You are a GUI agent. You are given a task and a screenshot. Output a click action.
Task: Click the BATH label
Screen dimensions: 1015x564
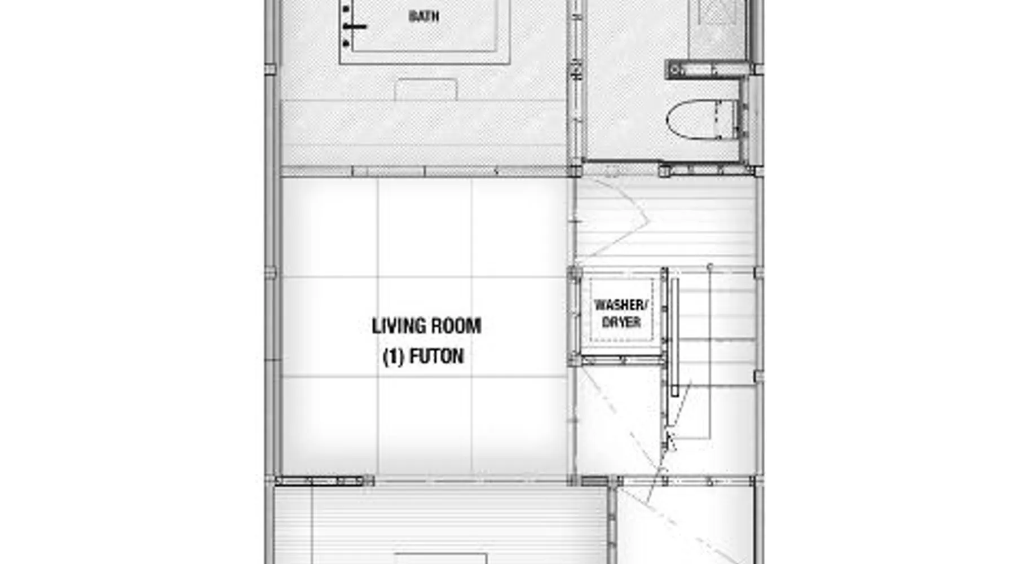[x=423, y=16]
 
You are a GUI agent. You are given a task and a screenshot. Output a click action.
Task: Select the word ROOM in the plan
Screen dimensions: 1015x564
[x=456, y=326]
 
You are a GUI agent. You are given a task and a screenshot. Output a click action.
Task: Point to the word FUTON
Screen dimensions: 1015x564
[x=436, y=356]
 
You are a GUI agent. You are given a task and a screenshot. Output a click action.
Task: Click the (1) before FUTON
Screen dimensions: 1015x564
[x=394, y=357]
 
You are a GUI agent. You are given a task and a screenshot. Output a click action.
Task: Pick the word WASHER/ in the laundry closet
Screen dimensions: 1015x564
[x=621, y=305]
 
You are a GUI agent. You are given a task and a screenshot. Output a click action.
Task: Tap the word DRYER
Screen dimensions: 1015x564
[x=621, y=322]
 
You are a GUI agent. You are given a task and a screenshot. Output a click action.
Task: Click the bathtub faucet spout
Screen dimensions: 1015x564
[x=355, y=27]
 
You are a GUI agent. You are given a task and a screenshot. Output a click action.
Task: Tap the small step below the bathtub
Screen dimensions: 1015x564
[x=426, y=90]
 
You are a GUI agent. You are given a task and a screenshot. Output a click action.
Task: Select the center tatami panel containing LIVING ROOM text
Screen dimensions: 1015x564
[x=425, y=327]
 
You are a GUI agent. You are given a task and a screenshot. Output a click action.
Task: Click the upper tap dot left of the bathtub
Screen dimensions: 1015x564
[x=346, y=9]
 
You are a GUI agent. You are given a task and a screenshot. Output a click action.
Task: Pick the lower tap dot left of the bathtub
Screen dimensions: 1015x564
[x=346, y=43]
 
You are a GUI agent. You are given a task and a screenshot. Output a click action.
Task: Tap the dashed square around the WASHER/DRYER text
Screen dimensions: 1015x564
[x=621, y=310]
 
